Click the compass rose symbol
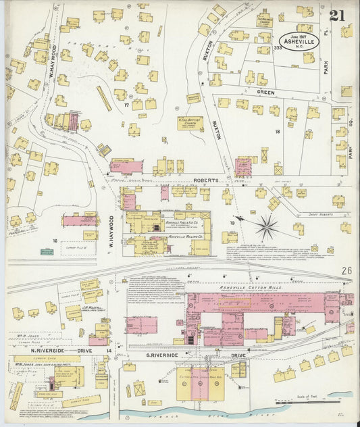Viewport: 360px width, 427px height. click(267, 226)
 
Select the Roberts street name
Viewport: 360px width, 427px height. click(206, 180)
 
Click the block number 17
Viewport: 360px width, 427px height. click(126, 105)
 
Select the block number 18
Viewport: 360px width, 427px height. click(277, 131)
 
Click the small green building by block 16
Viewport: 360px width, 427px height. click(47, 252)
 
